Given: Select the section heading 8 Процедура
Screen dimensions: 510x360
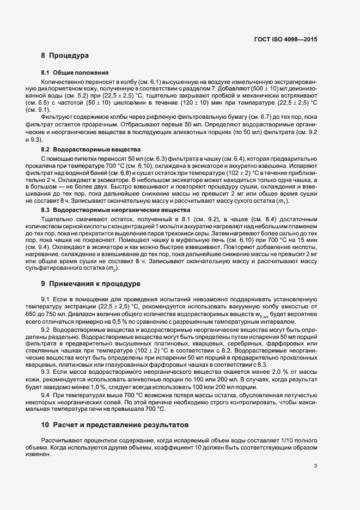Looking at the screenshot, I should [x=64, y=56].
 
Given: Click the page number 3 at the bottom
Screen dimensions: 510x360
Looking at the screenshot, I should [x=316, y=465].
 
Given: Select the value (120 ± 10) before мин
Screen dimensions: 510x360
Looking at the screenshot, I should [x=202, y=102].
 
